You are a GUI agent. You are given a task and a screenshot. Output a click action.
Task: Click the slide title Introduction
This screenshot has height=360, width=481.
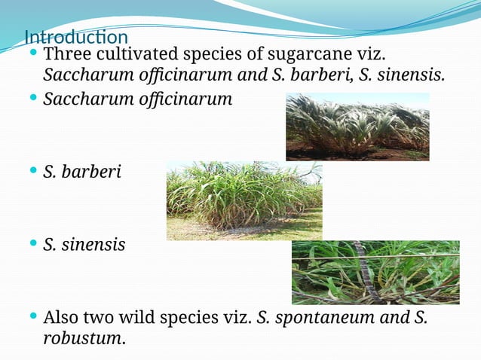(x=75, y=37)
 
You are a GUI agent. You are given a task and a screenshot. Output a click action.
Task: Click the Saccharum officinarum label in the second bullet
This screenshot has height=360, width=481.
(x=137, y=98)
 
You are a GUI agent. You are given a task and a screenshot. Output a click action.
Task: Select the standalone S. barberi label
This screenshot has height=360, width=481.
(x=81, y=172)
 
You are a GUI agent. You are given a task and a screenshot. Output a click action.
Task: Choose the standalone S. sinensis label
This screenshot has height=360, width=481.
(x=84, y=245)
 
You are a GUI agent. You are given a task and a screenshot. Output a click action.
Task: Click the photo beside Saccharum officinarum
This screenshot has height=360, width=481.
(x=357, y=127)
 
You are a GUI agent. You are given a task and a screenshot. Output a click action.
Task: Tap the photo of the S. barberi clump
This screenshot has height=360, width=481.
(x=244, y=200)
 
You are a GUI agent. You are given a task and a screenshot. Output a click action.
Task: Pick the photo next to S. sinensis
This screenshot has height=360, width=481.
(x=375, y=272)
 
